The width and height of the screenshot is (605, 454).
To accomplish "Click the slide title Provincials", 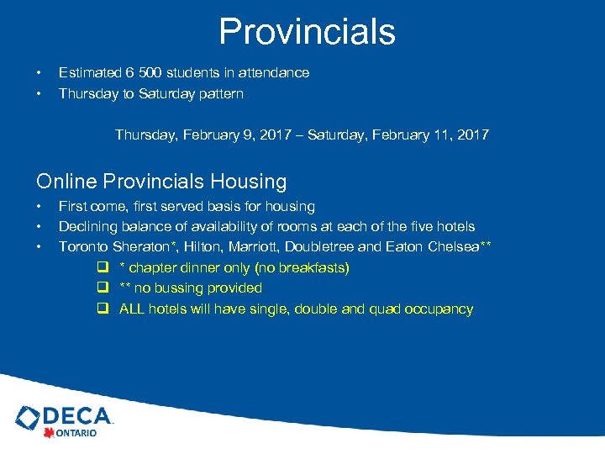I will (x=307, y=32).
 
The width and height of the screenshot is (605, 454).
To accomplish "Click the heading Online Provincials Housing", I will (x=161, y=181).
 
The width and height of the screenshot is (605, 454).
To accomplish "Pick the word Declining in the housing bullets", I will (x=87, y=227).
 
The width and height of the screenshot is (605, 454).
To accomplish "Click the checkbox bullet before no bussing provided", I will (x=101, y=288).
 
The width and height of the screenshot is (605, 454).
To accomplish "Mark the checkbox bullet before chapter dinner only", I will (x=101, y=268).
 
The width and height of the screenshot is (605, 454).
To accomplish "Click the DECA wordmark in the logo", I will (x=76, y=415).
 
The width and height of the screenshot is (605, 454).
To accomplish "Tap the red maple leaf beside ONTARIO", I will (x=49, y=433).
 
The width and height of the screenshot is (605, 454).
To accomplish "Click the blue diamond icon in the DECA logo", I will (x=28, y=418).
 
